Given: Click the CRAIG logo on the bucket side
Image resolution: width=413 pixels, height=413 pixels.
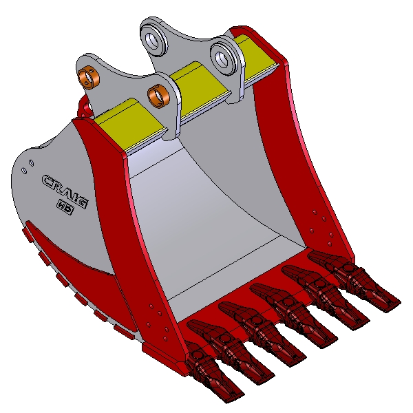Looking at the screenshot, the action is click(65, 191).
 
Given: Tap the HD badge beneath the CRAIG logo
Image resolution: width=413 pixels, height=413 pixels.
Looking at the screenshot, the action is click(65, 207).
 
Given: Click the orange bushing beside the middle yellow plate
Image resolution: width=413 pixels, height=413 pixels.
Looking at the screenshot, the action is click(158, 96).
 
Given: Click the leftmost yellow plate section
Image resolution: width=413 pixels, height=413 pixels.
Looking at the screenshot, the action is click(130, 125).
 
